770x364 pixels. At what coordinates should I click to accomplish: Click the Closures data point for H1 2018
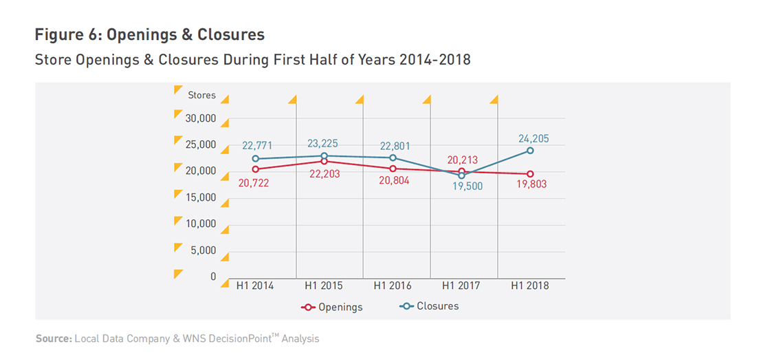(x=530, y=150)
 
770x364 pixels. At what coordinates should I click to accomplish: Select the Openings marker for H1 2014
(x=255, y=169)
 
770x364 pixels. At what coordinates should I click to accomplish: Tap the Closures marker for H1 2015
(x=324, y=156)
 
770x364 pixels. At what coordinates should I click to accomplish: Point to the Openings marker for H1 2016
(x=393, y=169)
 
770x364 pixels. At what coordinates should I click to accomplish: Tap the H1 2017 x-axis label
(x=461, y=286)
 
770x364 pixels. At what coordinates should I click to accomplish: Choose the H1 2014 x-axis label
(x=254, y=286)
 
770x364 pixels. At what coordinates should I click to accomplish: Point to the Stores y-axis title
(x=202, y=95)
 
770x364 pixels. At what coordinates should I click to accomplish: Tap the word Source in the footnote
(x=52, y=339)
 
